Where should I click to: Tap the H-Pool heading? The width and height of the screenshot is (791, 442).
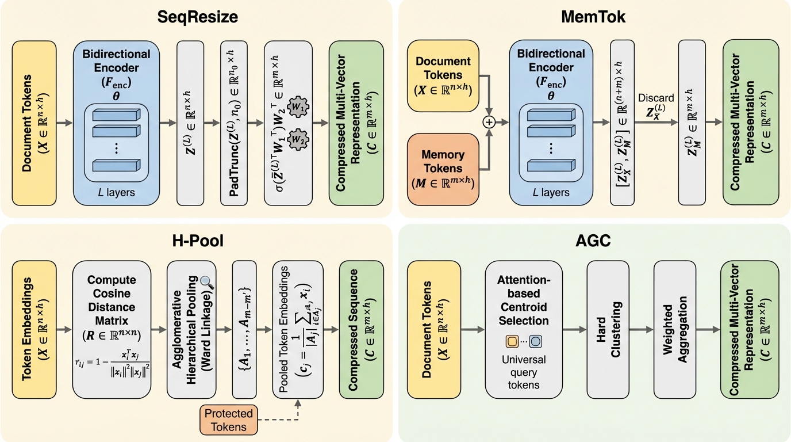tap(198, 240)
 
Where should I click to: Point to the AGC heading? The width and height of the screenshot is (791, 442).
tap(593, 240)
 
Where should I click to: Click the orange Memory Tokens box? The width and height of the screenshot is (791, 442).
tap(443, 169)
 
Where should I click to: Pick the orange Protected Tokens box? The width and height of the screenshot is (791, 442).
tap(229, 420)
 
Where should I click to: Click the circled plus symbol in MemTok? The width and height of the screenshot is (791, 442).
tap(489, 122)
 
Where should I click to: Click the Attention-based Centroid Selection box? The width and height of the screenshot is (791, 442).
tap(524, 329)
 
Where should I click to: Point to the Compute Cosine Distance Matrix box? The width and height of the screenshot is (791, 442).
tap(112, 329)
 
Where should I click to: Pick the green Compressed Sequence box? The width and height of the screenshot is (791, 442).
tap(360, 329)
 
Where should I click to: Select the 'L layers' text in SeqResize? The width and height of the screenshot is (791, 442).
tap(117, 192)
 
